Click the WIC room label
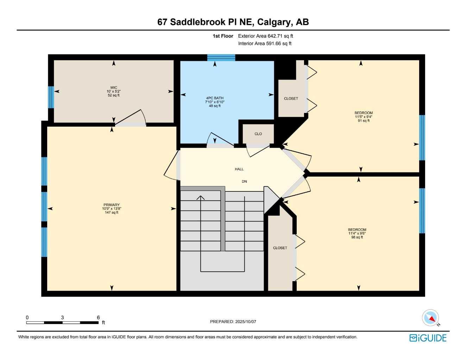point(114,88)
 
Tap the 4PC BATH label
point(215,98)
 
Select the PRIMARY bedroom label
point(112,205)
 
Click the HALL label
point(239,169)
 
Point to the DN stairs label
point(244,182)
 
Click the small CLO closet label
point(258,134)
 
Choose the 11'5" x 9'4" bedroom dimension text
point(364,117)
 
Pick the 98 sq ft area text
point(357,237)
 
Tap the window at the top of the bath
point(221,58)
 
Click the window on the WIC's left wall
point(51,97)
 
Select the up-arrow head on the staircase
point(201,198)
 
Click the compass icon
point(431,318)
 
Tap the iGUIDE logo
point(428,338)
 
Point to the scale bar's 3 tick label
point(62,317)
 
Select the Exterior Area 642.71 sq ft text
point(265,36)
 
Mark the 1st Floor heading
point(223,36)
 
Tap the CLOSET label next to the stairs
point(280,248)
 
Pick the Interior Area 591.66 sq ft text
point(265,44)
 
